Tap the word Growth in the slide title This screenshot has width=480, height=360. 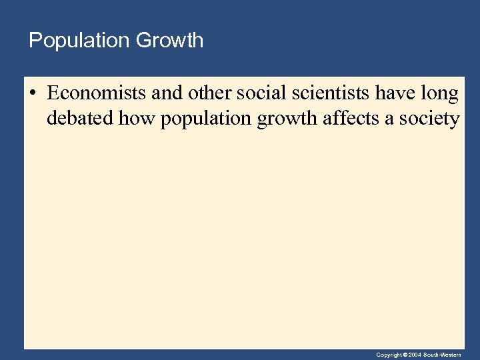[x=169, y=41]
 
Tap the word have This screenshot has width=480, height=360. [x=395, y=95]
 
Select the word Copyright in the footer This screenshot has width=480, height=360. [x=389, y=355]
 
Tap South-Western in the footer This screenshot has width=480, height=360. [x=443, y=355]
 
